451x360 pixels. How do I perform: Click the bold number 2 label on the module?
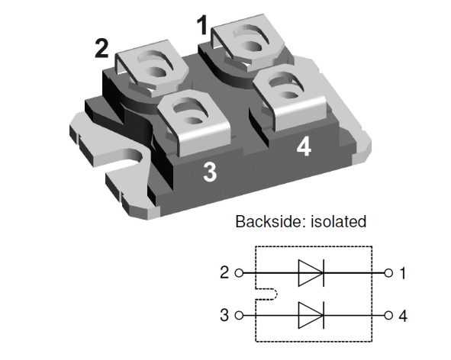101,47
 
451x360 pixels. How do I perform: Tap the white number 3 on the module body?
210,172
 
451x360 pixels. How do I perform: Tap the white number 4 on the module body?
304,146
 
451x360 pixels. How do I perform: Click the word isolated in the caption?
337,222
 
